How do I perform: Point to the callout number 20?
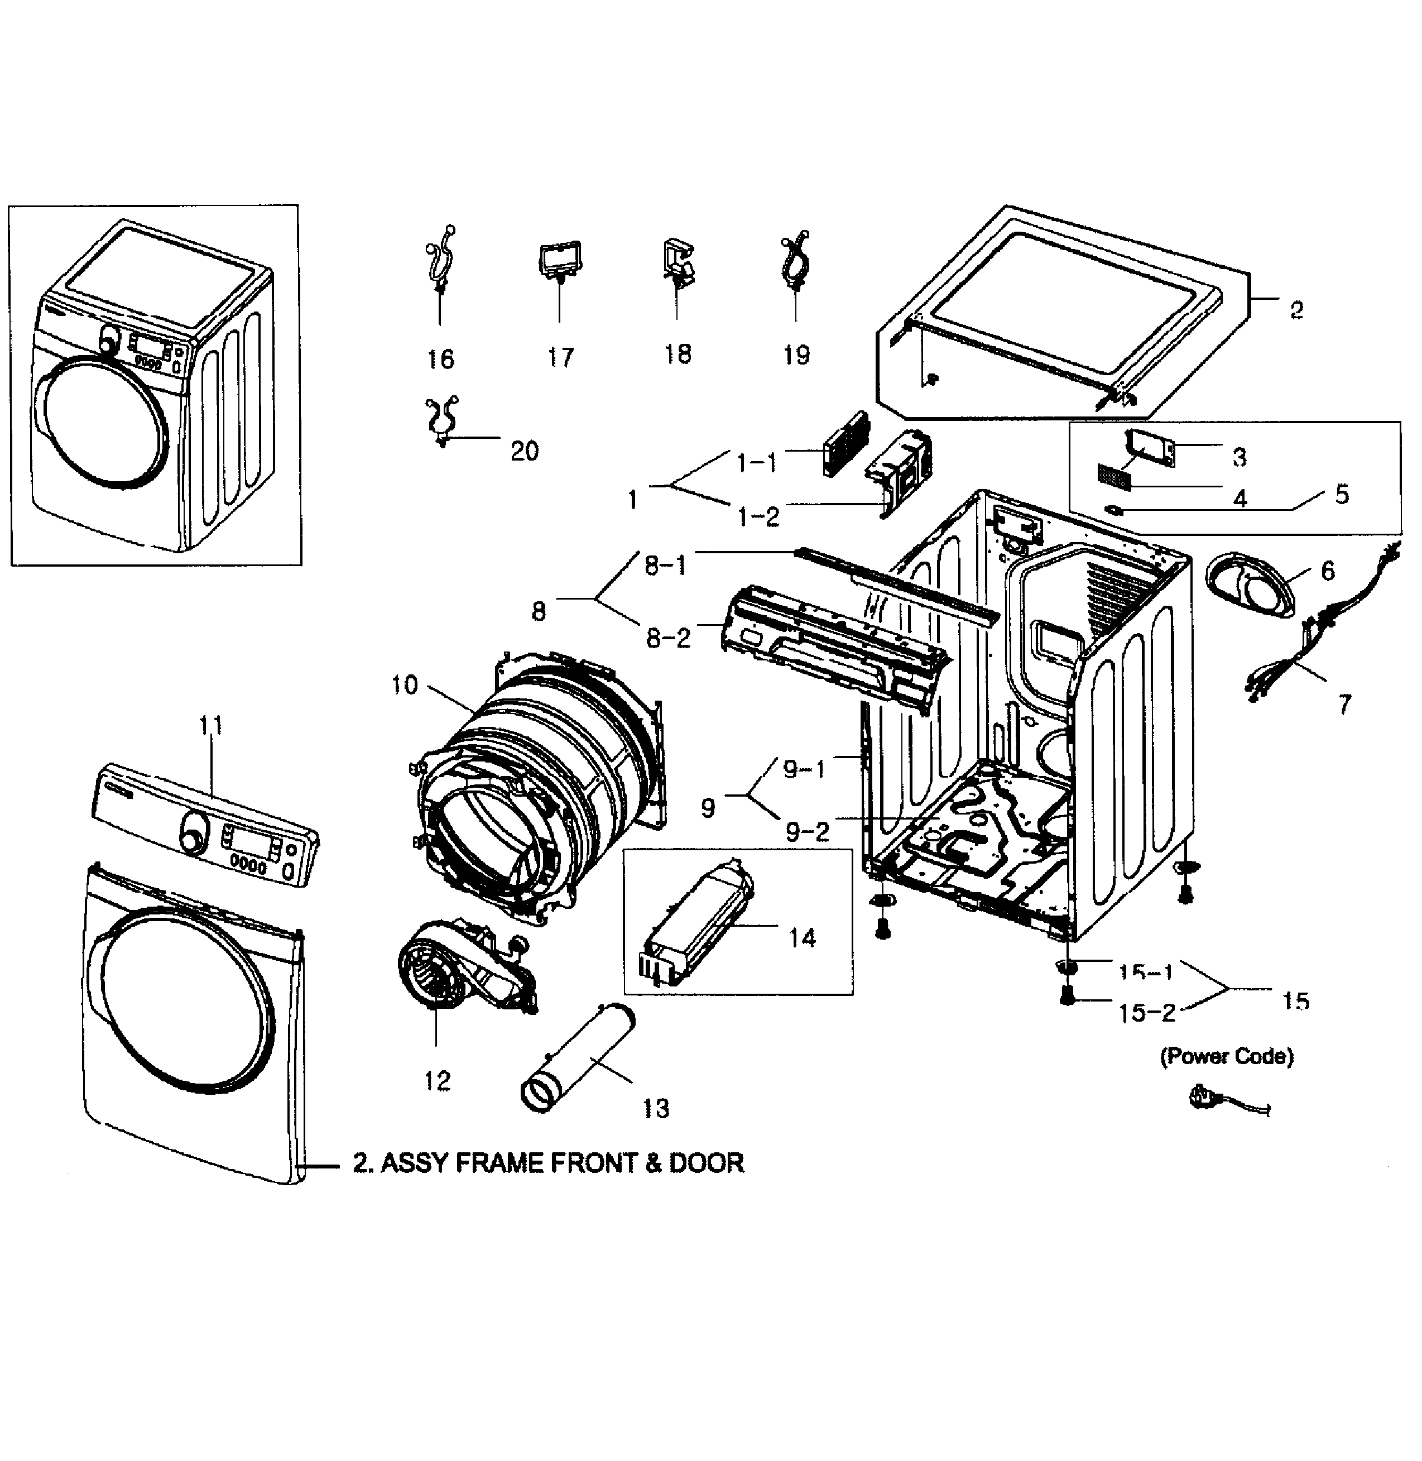(524, 451)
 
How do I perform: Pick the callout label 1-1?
(757, 464)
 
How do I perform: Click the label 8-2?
(667, 639)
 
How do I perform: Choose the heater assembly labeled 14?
(698, 926)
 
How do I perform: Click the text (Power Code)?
(1226, 1056)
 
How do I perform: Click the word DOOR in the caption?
(706, 1163)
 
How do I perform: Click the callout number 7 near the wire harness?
(1344, 703)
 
